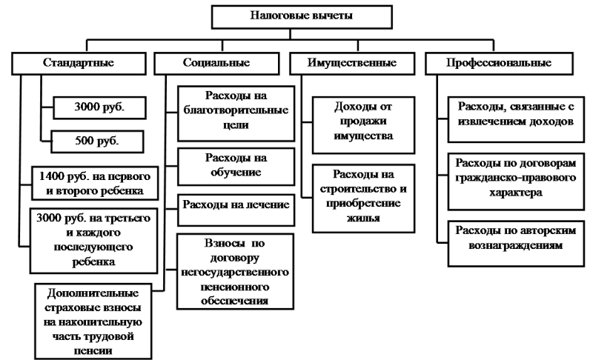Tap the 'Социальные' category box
pos(215,62)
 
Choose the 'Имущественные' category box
pos(352,62)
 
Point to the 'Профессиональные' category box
pos(498,62)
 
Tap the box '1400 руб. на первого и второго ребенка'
pos(96,183)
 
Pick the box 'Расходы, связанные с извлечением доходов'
pos(514,113)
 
